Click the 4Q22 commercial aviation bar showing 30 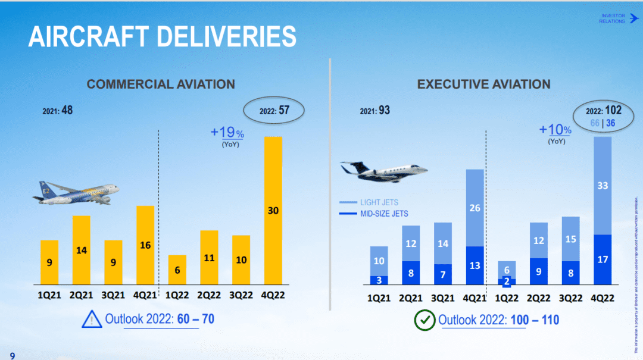273,211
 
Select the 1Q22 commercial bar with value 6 177,270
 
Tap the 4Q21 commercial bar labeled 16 145,245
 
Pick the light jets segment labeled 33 603,186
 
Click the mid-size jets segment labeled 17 603,259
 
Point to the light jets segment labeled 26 475,208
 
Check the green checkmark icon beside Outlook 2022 424,321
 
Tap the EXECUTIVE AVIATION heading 483,84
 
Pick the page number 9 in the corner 12,355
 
